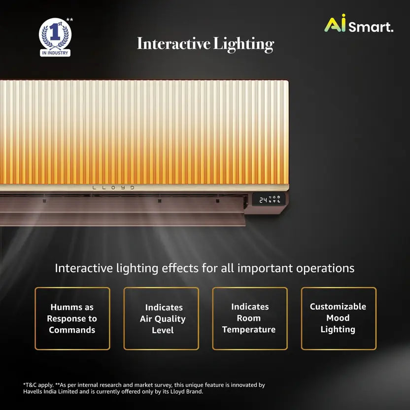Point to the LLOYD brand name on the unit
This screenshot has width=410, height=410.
click(113, 188)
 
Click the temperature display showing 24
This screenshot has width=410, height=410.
click(263, 200)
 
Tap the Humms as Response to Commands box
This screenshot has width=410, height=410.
click(72, 319)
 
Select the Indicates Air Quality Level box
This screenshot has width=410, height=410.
click(161, 319)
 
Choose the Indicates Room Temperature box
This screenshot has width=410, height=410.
click(249, 319)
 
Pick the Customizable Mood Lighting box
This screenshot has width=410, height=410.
click(339, 319)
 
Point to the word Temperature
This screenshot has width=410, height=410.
click(249, 330)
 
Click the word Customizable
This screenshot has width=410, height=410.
click(338, 307)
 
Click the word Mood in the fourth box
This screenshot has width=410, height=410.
click(338, 318)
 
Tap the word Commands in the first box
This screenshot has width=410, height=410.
click(72, 330)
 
